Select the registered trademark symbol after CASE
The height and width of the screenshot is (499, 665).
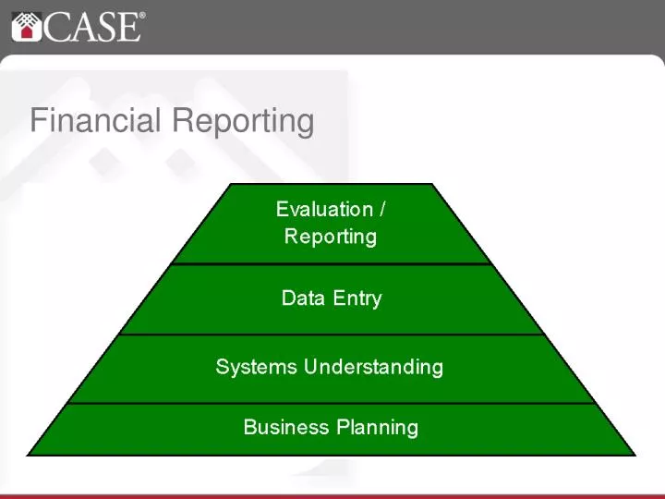pos(142,16)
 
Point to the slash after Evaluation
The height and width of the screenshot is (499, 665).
pos(382,210)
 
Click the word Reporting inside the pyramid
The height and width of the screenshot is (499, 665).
pos(331,237)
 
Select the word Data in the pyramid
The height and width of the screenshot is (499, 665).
pos(301,298)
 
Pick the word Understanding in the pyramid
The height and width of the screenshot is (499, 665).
pos(374,368)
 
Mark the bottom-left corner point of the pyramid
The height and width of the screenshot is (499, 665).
pos(28,456)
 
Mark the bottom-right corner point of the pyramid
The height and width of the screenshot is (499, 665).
pos(635,456)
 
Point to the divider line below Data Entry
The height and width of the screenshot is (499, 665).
pos(331,334)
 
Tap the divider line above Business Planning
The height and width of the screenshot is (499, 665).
pos(331,403)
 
